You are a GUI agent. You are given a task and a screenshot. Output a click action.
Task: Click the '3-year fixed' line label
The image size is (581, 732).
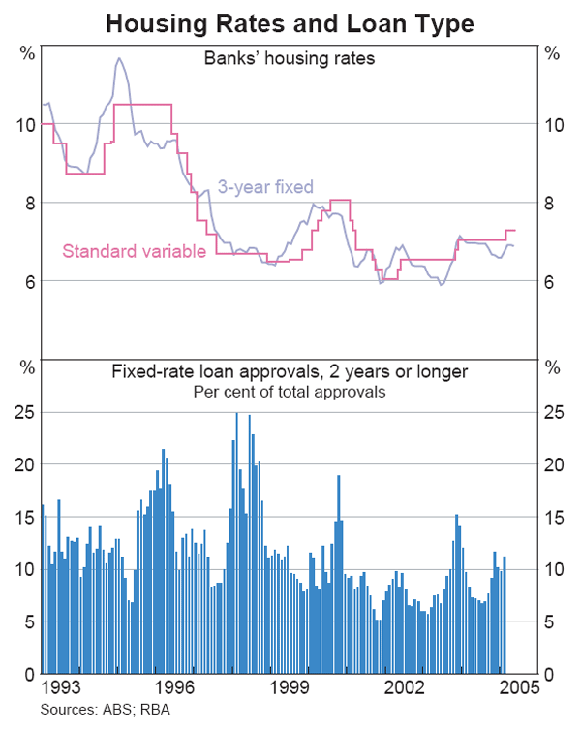(x=265, y=187)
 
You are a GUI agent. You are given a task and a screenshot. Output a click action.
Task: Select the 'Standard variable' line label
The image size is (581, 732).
(x=134, y=252)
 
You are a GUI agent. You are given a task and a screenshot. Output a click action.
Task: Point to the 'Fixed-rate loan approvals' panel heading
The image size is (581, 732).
(x=290, y=372)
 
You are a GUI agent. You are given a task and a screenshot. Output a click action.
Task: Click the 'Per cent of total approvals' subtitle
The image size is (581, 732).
(x=290, y=392)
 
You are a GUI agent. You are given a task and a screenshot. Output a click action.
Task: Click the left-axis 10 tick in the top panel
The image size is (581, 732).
(x=24, y=124)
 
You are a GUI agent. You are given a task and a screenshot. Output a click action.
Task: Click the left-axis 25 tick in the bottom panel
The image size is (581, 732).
(x=24, y=412)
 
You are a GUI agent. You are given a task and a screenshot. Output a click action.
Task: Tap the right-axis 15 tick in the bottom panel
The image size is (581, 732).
(x=552, y=517)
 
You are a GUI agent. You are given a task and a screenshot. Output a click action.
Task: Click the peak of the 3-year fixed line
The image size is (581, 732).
(x=119, y=58)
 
